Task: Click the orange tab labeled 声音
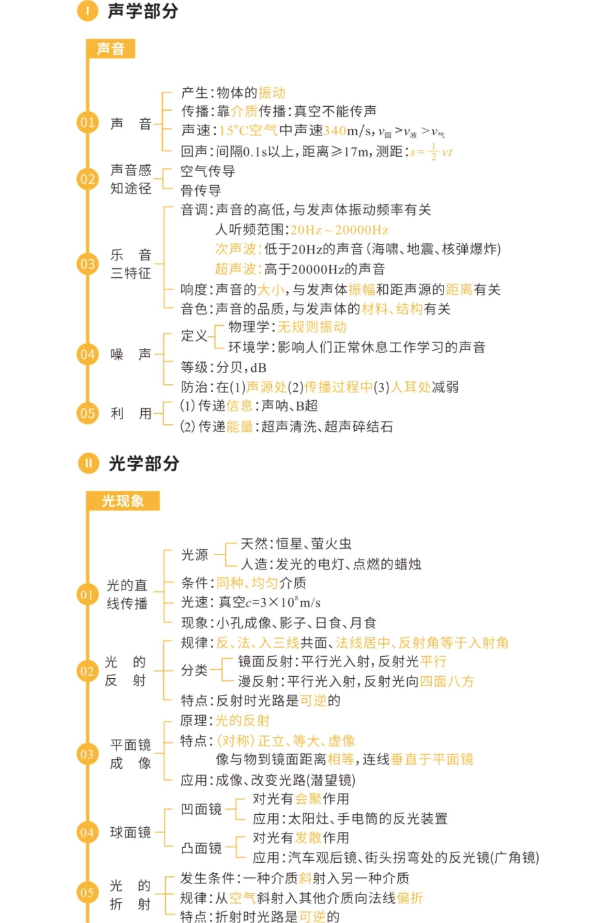tap(110, 49)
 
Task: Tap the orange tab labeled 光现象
tap(122, 501)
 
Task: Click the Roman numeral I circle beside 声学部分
tap(87, 11)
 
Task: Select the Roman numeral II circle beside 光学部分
tap(88, 463)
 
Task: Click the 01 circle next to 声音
tap(87, 122)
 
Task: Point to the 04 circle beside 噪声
tap(87, 354)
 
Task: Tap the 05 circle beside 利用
tap(87, 413)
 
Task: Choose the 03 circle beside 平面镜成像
tap(87, 754)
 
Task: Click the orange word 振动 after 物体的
tap(272, 93)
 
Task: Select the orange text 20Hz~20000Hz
tap(339, 230)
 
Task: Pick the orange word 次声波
tap(236, 249)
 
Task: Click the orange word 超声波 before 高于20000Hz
tap(236, 269)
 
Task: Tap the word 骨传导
tap(201, 190)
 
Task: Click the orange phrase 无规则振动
tap(312, 327)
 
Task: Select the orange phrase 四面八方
tap(447, 681)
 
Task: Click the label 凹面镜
tap(201, 809)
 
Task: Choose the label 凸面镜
tap(201, 848)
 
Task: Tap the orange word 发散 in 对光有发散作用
tap(308, 838)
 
